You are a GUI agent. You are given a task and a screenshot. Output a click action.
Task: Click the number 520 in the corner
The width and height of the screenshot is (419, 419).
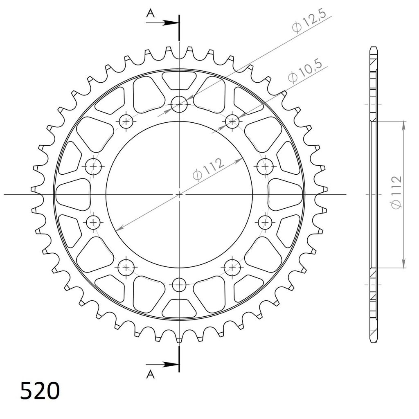(x=40, y=391)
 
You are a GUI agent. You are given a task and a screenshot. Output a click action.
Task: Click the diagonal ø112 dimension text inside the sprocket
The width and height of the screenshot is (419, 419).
(x=208, y=169)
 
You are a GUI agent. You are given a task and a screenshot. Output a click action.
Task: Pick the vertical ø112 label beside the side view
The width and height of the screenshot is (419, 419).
(x=396, y=192)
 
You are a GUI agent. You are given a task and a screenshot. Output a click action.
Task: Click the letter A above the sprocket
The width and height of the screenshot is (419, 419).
(x=151, y=13)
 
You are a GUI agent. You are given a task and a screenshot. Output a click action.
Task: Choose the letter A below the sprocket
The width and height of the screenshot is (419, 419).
(x=151, y=375)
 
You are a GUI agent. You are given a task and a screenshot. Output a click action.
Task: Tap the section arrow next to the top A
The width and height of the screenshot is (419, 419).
(x=162, y=23)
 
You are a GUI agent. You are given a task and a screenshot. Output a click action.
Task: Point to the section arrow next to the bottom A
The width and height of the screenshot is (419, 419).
(x=162, y=364)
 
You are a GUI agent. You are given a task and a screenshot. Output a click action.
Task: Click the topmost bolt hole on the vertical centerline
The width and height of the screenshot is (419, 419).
(x=179, y=104)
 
